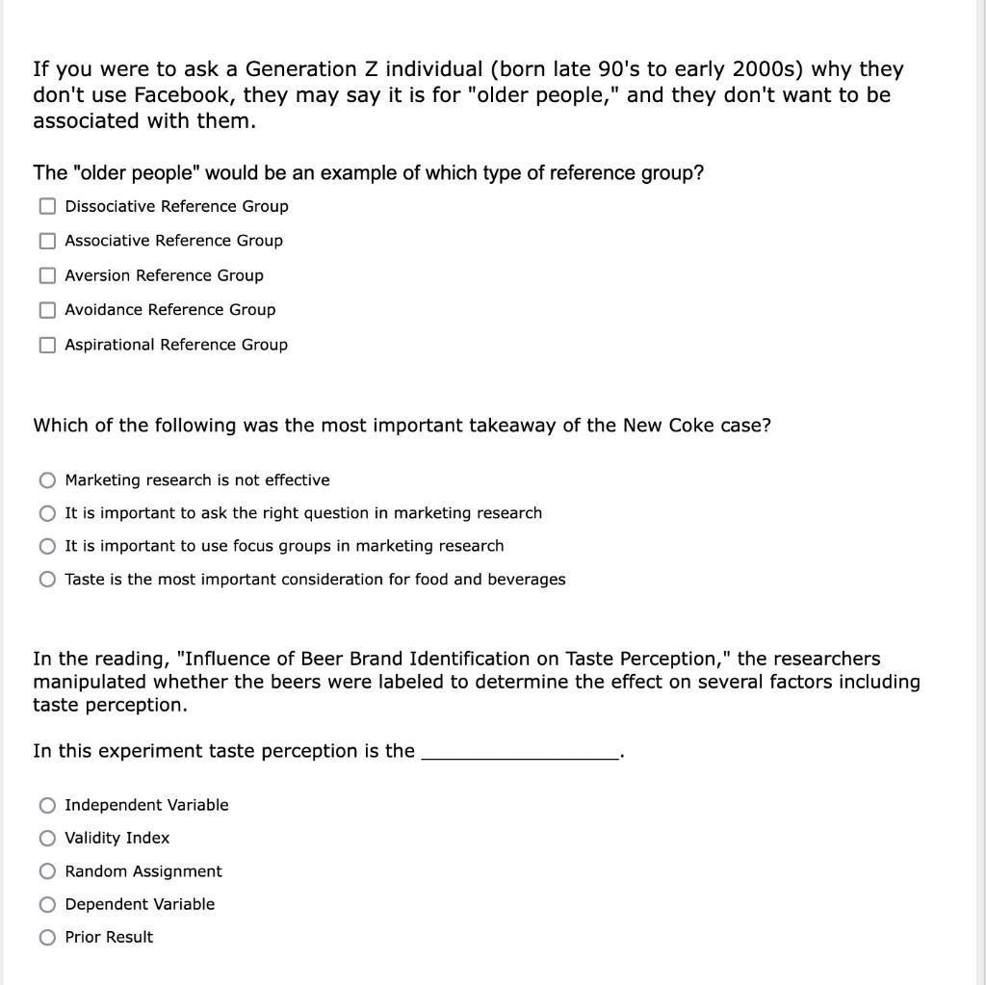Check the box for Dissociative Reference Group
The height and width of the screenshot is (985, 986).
coord(47,206)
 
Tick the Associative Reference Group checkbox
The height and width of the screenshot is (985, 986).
coord(47,241)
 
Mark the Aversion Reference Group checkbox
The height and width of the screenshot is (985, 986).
coord(47,275)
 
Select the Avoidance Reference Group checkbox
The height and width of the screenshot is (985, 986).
coord(47,310)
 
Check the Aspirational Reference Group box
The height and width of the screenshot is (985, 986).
coord(47,345)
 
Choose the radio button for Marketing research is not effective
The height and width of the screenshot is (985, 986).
coord(47,480)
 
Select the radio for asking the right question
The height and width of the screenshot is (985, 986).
coord(47,513)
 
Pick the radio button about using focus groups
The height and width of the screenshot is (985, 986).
coord(47,546)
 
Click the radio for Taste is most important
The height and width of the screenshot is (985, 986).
coord(47,580)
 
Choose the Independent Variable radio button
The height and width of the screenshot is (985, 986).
coord(47,805)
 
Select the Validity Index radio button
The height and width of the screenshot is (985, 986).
coord(47,838)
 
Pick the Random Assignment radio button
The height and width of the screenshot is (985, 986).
coord(47,871)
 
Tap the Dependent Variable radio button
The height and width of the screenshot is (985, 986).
coord(47,904)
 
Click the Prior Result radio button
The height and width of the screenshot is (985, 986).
coord(47,937)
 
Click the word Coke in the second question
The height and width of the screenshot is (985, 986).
coord(691,426)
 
